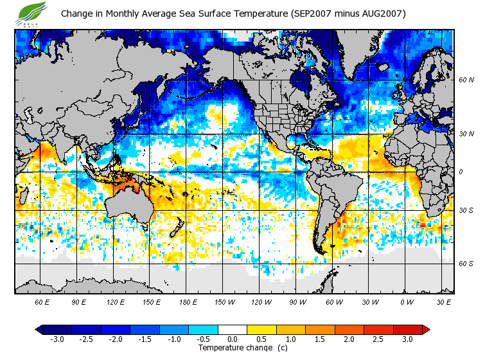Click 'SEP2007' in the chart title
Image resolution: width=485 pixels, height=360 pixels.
(311, 14)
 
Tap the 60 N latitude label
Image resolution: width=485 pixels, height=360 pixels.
(466, 81)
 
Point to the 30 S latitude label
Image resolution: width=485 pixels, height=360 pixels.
(466, 211)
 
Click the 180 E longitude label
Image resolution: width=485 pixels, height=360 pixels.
(188, 301)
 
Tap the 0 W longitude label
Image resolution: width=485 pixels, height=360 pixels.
(406, 301)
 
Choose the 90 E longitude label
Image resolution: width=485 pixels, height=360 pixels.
(78, 301)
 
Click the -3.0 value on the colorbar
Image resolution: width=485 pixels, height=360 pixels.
(57, 339)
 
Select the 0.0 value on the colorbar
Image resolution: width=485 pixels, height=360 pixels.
(232, 339)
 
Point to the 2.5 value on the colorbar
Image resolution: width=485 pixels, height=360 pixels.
(378, 339)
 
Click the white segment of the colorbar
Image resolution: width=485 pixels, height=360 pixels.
(232, 329)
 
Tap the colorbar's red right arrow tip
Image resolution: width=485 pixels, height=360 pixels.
(425, 329)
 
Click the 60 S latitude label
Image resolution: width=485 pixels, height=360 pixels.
(466, 264)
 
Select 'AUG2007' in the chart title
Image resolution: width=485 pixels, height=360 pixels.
(380, 14)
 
